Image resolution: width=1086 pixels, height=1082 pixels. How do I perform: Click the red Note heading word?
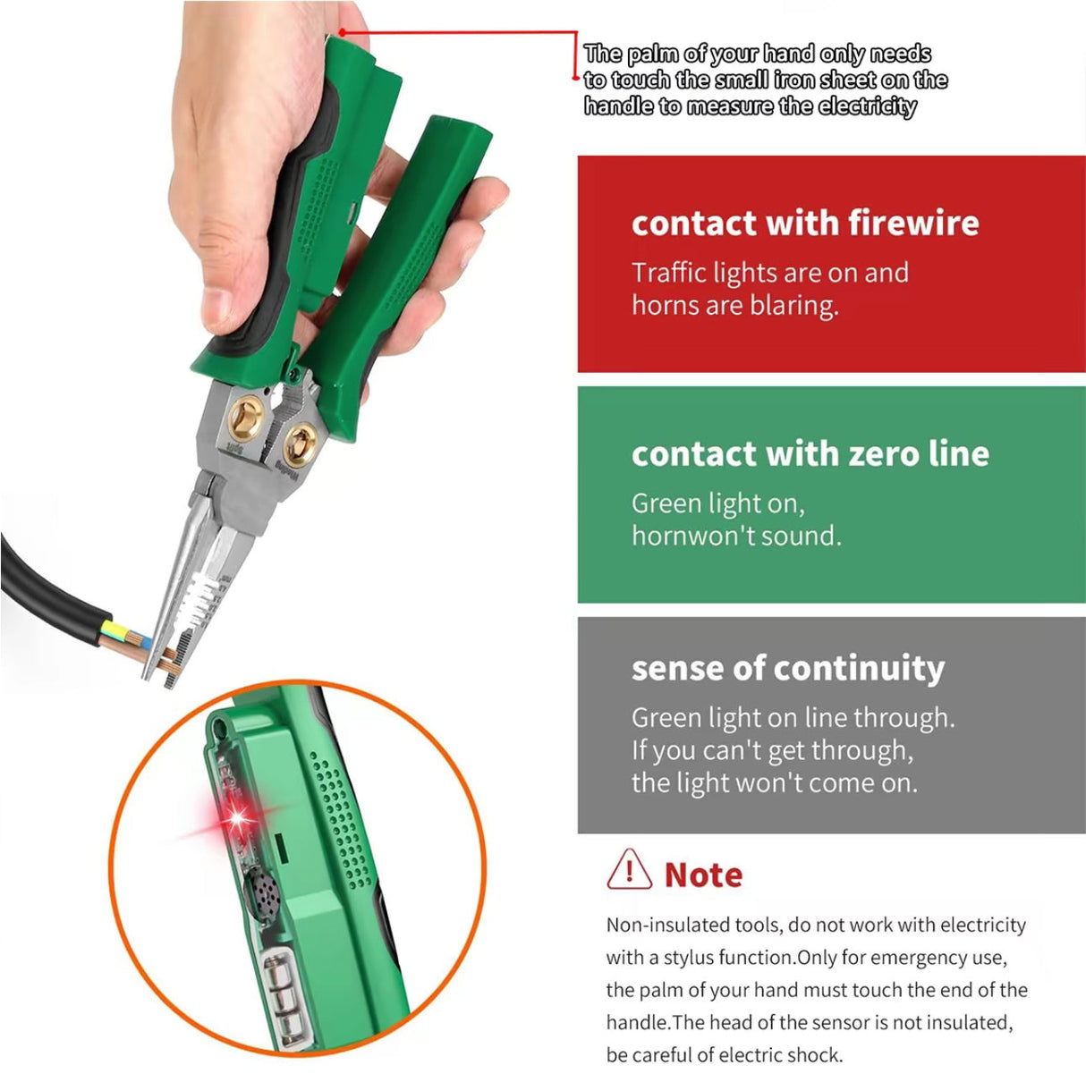[703, 875]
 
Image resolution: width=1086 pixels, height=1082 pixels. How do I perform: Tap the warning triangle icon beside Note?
[629, 870]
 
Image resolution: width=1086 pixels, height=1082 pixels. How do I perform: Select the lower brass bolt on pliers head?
[300, 441]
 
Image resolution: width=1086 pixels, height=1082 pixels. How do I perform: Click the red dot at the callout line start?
[342, 33]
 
